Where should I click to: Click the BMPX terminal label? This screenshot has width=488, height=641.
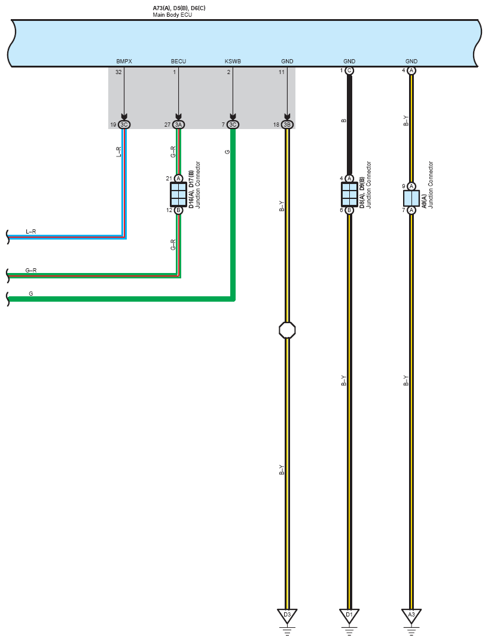(124, 62)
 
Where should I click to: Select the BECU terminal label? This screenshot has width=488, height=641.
(178, 62)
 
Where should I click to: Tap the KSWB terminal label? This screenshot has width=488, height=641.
(233, 62)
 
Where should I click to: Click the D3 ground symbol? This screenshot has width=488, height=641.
(287, 615)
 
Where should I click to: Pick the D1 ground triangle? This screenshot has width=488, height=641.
(349, 615)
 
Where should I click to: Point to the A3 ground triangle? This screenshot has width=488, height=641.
(411, 615)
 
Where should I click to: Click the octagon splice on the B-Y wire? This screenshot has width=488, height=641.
(287, 330)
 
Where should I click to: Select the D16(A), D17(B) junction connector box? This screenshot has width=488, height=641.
(178, 194)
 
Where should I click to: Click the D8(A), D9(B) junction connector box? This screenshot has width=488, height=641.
(349, 194)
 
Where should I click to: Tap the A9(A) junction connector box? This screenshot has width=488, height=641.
(411, 198)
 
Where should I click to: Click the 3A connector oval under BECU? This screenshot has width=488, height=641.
(178, 124)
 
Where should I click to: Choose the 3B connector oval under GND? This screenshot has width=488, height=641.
(287, 124)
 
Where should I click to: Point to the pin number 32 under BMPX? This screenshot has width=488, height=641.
(119, 72)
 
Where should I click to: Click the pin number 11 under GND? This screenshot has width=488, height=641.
(282, 72)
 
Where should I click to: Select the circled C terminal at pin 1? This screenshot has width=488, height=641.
(349, 70)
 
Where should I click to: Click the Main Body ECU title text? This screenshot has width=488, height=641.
(172, 14)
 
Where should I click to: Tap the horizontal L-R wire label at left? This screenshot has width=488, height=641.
(30, 231)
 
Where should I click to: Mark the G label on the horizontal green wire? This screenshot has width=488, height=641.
(30, 293)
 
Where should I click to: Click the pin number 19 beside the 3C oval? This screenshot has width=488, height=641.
(113, 124)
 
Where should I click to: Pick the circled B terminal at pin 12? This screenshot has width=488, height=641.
(178, 210)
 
